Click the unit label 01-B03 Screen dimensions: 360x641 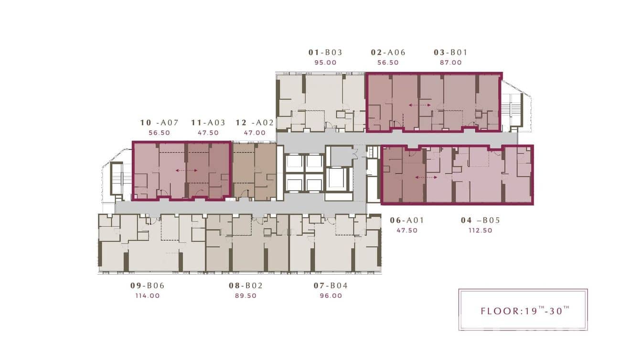click(325, 53)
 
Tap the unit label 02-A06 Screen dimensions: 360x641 click(388, 53)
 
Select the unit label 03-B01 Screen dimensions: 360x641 click(450, 53)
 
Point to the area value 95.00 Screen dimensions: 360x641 click(325, 63)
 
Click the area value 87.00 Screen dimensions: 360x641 click(450, 63)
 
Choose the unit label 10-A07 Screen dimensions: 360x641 click(159, 123)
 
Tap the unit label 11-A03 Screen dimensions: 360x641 click(208, 123)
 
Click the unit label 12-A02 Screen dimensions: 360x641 click(255, 123)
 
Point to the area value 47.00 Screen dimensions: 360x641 click(255, 133)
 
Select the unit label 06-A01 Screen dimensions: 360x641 click(407, 220)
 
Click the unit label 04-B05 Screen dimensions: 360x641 click(480, 220)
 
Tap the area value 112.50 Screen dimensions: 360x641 click(480, 230)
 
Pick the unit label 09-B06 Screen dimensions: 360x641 click(147, 286)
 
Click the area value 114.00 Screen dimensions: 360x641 click(147, 296)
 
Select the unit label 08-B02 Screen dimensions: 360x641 click(246, 286)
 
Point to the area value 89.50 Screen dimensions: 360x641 click(246, 296)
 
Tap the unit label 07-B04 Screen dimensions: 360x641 click(331, 286)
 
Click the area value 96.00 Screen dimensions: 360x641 click(331, 296)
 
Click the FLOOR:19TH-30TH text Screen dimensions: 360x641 click(525, 310)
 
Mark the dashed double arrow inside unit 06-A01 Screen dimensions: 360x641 click(426, 177)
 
